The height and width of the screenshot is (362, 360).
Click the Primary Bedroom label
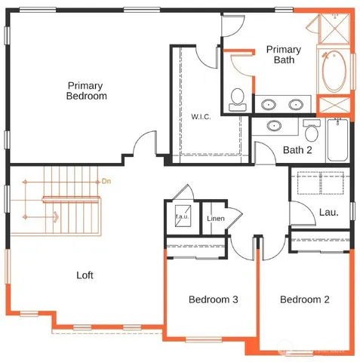click(86, 90)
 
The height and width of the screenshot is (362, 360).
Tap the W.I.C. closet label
click(201, 116)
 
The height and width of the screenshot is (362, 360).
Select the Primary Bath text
click(284, 54)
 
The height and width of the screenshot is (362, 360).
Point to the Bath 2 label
click(297, 149)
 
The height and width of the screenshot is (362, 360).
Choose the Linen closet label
click(216, 219)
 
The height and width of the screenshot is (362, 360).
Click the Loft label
click(85, 275)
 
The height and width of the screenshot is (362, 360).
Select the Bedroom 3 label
click(213, 299)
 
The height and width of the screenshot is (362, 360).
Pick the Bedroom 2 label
click(304, 299)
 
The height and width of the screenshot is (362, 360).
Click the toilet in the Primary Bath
click(238, 97)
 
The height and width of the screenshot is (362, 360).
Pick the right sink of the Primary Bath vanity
click(297, 104)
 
